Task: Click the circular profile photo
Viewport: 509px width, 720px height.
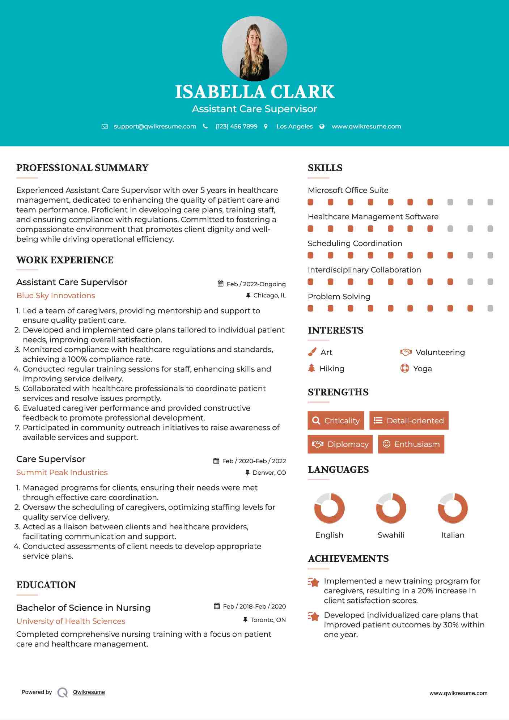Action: pos(254,48)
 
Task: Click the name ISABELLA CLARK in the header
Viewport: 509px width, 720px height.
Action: pos(254,92)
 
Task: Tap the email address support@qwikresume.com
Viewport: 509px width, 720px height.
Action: pos(155,127)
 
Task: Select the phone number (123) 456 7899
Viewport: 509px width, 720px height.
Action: pos(236,127)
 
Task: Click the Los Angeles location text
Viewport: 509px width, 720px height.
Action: pos(294,127)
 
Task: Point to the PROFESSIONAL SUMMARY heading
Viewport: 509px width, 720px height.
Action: pos(82,168)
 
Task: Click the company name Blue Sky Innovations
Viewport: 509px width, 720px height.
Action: pos(56,296)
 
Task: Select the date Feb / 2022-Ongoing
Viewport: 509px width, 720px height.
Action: pos(256,284)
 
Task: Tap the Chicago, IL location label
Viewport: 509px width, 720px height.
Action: pos(270,296)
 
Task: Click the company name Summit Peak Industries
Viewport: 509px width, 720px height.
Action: pos(62,473)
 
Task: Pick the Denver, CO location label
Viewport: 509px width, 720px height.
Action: pos(269,473)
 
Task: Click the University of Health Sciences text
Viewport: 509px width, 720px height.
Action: pos(71,621)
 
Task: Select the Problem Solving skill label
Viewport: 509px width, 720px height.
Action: pos(339,297)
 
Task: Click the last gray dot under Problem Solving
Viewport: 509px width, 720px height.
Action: pos(490,308)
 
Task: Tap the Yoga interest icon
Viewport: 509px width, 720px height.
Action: pos(404,368)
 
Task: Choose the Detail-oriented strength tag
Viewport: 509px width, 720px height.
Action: pos(409,420)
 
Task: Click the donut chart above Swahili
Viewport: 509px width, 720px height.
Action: pos(391,508)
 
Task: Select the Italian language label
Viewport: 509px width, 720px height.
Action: pos(453,535)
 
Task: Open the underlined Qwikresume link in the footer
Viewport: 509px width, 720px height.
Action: pos(89,692)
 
